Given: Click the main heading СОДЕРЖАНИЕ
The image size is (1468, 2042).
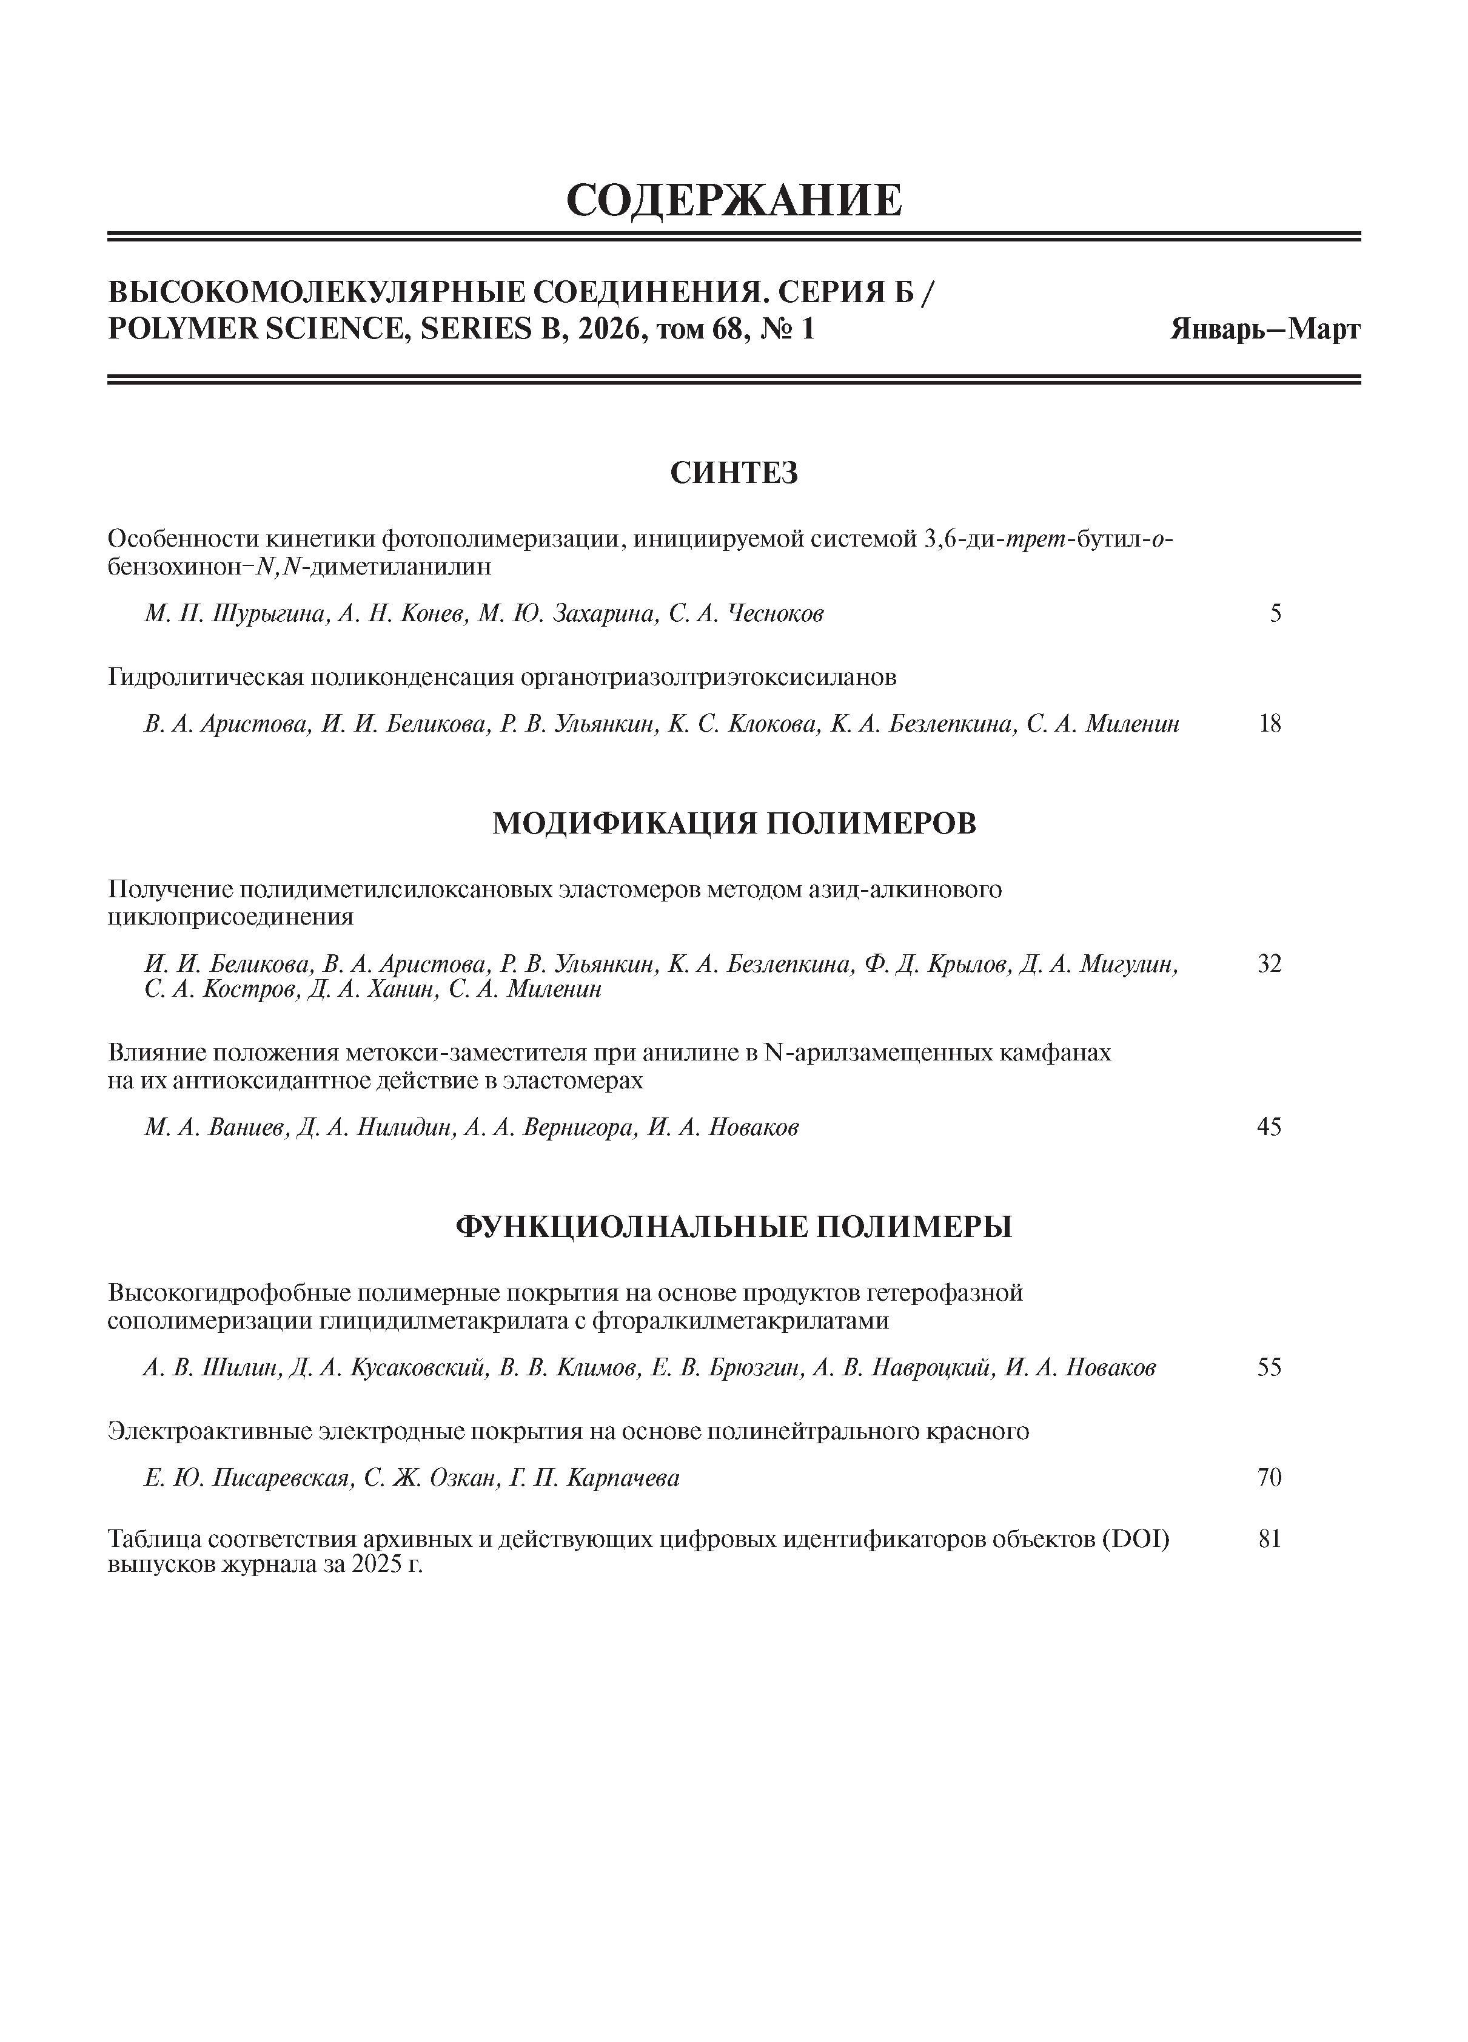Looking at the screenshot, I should pos(734,200).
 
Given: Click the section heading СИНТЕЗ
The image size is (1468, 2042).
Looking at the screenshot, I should pos(734,473).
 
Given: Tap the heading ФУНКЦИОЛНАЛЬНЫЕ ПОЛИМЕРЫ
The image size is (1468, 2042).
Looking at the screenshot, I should pos(734,1226).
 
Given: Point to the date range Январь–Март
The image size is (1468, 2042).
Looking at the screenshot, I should pos(1265,329).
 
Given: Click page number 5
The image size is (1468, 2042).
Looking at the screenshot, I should pos(1275,614).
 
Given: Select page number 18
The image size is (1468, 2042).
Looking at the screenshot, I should pos(1270,724).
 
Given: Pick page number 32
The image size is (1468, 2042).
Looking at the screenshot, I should pos(1269,965).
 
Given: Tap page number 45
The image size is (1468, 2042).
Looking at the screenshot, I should pos(1269,1127).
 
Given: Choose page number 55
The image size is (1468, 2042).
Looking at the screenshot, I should pos(1269,1367).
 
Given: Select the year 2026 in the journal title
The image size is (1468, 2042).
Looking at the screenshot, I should pos(608,329).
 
